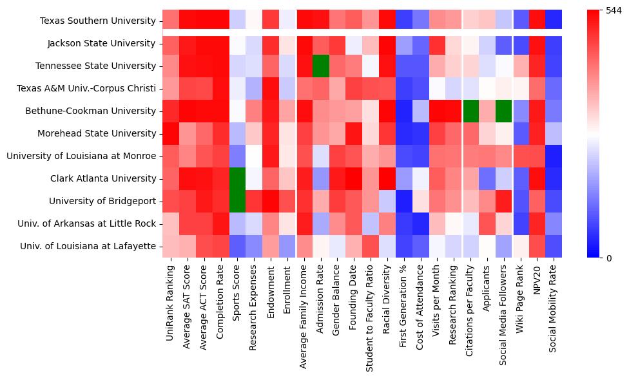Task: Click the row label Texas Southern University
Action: point(98,21)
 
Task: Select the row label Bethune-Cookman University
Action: point(90,111)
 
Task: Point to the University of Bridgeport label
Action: point(102,201)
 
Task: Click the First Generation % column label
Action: point(403,307)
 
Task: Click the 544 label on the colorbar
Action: point(614,10)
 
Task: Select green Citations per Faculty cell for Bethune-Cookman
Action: point(470,111)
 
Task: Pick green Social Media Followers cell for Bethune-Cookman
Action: point(504,111)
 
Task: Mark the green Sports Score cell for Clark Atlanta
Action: point(237,178)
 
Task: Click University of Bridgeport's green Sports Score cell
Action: point(237,201)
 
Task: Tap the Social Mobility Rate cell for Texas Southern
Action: point(554,21)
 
